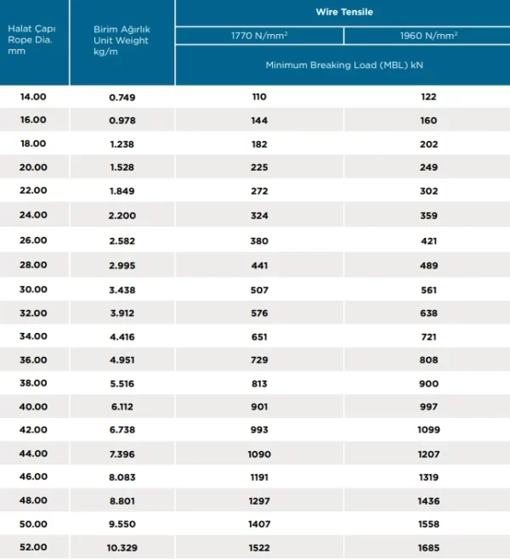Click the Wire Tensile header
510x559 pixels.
tap(344, 12)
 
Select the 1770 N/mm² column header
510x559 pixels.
tap(259, 36)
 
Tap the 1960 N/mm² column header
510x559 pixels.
tap(428, 36)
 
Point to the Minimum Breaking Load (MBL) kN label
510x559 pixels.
tap(344, 65)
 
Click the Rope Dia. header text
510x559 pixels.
tap(30, 40)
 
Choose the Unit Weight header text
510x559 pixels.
tap(121, 40)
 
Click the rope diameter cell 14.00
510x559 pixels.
tap(33, 97)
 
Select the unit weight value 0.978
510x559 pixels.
tap(122, 121)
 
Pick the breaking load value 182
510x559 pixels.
tap(259, 144)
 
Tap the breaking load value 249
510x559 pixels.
tap(428, 167)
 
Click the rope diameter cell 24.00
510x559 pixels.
tap(33, 215)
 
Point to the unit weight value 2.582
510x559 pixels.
tap(122, 241)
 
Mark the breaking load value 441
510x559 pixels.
tap(259, 266)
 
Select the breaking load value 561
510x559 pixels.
tap(428, 291)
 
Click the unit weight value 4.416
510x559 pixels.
tap(122, 337)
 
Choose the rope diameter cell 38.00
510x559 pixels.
tap(33, 383)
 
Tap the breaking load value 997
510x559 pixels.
tap(428, 407)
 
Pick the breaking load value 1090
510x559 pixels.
tap(259, 455)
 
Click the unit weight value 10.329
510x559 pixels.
tap(122, 548)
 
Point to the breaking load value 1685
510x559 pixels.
tap(428, 548)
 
